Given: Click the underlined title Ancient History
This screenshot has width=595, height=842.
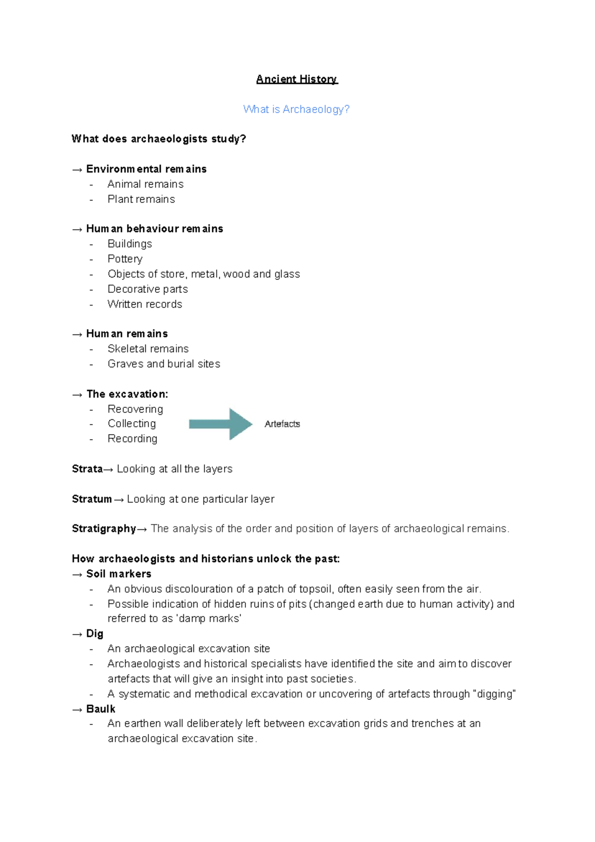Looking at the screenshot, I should click(x=297, y=79).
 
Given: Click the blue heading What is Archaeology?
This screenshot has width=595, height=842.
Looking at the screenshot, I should click(x=296, y=109).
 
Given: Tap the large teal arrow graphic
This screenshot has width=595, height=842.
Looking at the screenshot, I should click(x=221, y=424).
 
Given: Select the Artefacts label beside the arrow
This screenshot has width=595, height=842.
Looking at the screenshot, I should click(x=282, y=424).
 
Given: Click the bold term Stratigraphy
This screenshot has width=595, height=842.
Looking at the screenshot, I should click(x=104, y=528).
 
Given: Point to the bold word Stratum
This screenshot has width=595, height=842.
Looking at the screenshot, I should click(x=92, y=499).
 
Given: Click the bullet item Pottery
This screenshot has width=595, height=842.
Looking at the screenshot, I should click(x=125, y=259).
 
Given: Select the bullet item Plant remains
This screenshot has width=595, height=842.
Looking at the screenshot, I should click(x=141, y=199).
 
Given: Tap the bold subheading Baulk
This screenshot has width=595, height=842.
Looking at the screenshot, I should click(x=101, y=709).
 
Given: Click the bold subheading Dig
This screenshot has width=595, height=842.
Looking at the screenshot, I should click(x=95, y=634).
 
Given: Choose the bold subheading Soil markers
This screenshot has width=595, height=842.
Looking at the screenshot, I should click(x=119, y=574).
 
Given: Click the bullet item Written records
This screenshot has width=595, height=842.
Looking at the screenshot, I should click(x=145, y=304).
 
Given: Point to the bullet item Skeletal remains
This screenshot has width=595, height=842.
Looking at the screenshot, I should click(x=148, y=349).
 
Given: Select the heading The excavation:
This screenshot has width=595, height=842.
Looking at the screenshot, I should click(x=127, y=394).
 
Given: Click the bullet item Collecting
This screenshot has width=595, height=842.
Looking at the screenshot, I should click(x=131, y=424).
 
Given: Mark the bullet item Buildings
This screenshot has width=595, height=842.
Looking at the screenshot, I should click(x=129, y=244).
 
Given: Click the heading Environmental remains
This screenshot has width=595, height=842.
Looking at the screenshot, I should click(x=146, y=169).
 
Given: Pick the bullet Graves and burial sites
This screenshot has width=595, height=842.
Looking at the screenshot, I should click(x=164, y=364).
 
